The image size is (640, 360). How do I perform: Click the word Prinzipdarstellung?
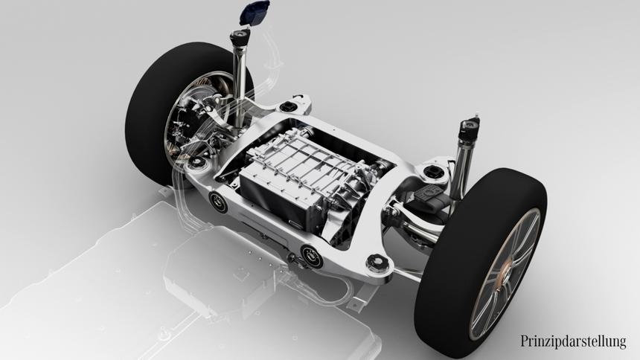[573, 341]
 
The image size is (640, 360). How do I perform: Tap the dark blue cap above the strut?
[255, 13]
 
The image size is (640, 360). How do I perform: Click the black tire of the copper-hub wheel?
[481, 261]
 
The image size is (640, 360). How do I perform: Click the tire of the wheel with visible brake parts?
[163, 110]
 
